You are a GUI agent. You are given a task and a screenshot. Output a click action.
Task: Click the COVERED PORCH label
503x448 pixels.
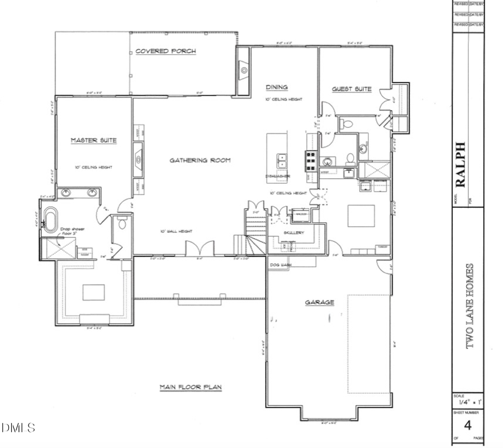(166, 51)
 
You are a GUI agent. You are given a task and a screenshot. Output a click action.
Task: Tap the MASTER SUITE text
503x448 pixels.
(93, 140)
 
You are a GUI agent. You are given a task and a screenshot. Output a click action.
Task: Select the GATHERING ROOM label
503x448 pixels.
(200, 160)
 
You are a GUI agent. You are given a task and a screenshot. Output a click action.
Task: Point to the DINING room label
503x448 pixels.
(277, 87)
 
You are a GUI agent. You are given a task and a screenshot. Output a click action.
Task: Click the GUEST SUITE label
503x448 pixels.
(352, 89)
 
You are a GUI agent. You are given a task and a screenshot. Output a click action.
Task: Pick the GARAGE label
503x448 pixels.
(319, 302)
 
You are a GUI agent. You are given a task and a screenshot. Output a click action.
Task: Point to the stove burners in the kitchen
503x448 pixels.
(310, 160)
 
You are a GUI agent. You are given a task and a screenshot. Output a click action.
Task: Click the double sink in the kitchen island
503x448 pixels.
(282, 161)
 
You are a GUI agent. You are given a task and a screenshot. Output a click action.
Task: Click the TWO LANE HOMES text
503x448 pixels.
(470, 306)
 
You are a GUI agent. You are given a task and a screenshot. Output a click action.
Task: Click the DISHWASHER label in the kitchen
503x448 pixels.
(277, 176)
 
